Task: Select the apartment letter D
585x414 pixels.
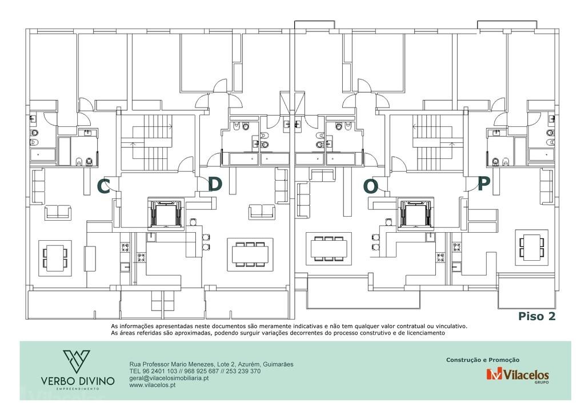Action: coord(215,184)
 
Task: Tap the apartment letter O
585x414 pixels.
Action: coord(370,186)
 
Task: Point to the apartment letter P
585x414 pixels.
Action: coord(483,184)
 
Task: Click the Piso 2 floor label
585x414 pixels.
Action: coord(537,316)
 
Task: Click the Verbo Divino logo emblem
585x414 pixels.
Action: coord(77,361)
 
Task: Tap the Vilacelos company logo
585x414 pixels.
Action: coord(518,375)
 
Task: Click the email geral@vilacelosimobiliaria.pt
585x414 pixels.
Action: coord(169,378)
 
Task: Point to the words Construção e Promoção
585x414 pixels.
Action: coord(483,360)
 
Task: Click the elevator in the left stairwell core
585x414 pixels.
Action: coord(166,213)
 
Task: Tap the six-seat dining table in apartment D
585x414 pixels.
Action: coord(250,254)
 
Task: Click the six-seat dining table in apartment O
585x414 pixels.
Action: coord(328,248)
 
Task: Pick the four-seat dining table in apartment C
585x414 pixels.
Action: coord(55,257)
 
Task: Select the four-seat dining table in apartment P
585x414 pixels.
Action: coord(532,247)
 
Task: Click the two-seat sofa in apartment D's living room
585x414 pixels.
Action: coord(262,212)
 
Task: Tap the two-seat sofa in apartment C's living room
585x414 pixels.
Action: coord(58,212)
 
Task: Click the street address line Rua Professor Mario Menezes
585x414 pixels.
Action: coord(211,364)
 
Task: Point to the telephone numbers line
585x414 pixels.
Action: coord(195,371)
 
